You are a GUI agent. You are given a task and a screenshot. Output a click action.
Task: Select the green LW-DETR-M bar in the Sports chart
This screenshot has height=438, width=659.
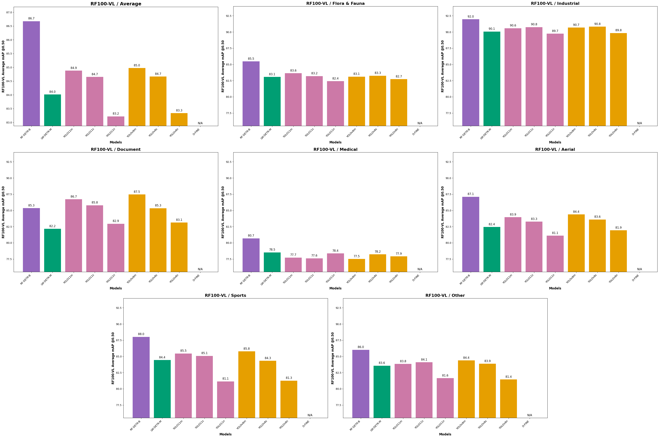click(x=162, y=388)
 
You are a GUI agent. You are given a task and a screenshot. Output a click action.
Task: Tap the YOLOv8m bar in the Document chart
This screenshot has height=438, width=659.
click(x=137, y=233)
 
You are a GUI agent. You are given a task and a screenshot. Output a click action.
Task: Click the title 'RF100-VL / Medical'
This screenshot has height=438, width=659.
click(x=335, y=150)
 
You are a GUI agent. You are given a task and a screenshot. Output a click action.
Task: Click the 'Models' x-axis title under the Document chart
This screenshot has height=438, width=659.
click(x=116, y=288)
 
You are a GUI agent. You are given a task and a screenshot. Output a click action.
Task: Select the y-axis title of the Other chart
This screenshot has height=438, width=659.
click(x=333, y=358)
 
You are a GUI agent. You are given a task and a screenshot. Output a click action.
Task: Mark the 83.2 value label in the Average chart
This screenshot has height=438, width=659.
click(x=116, y=114)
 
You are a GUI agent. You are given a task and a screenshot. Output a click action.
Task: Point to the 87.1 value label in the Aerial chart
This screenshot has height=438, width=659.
click(x=471, y=194)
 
